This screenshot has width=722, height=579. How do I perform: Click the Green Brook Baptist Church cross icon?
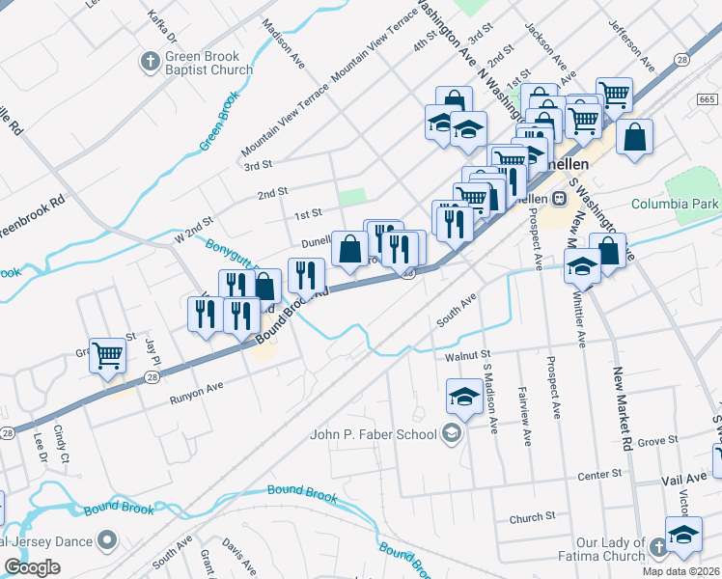click(x=150, y=62)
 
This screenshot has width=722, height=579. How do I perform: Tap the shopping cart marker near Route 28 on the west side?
click(x=107, y=355)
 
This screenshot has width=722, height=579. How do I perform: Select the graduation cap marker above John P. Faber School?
click(x=463, y=397)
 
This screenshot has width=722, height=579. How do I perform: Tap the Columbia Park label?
click(x=676, y=204)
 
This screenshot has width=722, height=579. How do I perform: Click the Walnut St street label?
click(x=469, y=356)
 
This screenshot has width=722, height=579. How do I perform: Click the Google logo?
click(x=32, y=567)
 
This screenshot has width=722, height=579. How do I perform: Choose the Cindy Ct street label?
click(x=62, y=442)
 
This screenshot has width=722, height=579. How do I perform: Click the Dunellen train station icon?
click(x=558, y=197)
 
